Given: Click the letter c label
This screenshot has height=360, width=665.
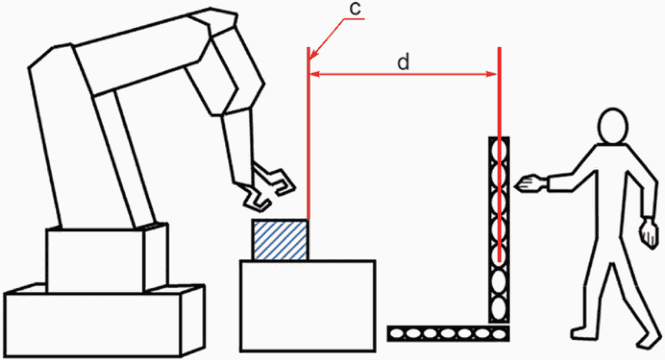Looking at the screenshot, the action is (x=355, y=9).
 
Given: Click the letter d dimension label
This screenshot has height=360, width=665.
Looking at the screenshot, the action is (x=403, y=62).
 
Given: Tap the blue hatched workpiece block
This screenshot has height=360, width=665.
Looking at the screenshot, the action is (x=280, y=240).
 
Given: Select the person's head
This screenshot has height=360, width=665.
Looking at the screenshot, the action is (x=613, y=125).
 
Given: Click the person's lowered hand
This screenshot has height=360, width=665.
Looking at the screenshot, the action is (x=649, y=233).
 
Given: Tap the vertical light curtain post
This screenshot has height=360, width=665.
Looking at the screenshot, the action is (x=499, y=229).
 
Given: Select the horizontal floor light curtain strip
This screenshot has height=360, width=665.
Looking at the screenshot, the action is (x=449, y=333).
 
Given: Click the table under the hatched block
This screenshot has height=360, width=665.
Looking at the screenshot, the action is (x=307, y=305).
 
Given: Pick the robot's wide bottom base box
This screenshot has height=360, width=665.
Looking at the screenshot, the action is (x=104, y=321).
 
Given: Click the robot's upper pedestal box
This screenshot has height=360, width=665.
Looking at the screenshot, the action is (x=107, y=259).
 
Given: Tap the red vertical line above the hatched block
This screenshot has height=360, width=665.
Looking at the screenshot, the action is (x=308, y=133).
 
